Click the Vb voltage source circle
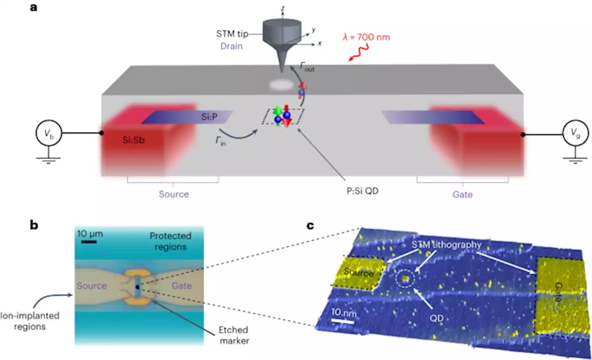48,134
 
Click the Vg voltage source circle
575,134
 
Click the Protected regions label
170,241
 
